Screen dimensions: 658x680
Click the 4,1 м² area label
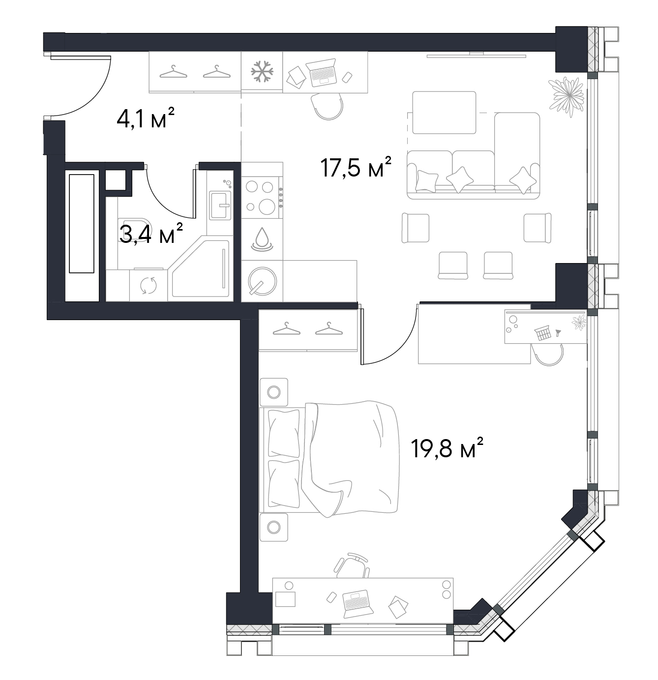(x=146, y=118)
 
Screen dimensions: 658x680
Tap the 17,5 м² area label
(x=356, y=167)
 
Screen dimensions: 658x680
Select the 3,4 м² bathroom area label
(x=151, y=234)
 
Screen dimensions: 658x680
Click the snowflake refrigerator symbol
(x=262, y=72)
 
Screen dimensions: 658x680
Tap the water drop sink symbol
(x=262, y=239)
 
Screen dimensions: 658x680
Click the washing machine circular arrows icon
(x=149, y=286)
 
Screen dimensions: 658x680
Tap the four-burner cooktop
(x=262, y=198)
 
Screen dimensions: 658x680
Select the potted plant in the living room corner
(x=566, y=95)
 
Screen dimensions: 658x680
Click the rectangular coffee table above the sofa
(x=444, y=113)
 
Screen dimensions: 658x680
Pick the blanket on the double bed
(x=350, y=458)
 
